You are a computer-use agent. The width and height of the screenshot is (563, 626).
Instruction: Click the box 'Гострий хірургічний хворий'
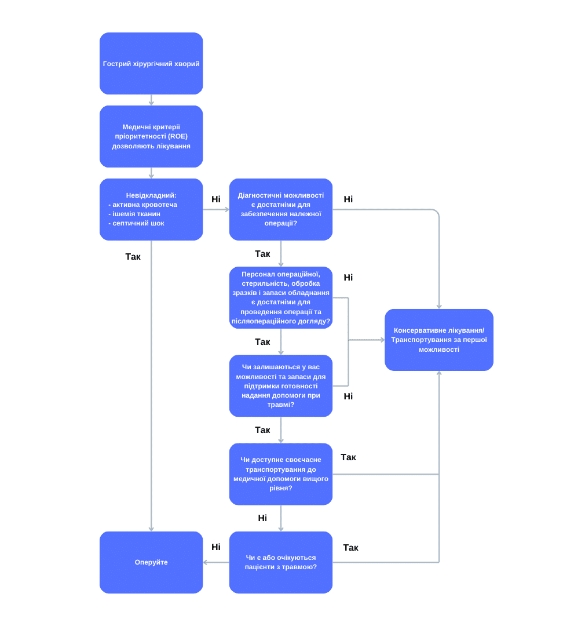[151, 64]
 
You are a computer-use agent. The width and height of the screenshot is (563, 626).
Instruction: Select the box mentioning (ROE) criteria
[151, 137]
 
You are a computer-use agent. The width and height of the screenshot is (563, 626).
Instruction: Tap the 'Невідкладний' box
[151, 210]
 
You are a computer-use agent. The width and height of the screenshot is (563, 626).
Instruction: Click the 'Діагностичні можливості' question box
[281, 210]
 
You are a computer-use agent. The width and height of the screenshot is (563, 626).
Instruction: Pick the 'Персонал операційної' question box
[281, 298]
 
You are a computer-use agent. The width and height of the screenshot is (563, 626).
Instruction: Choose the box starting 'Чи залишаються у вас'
[281, 386]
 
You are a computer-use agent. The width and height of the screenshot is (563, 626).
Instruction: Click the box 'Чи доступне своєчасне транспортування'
[281, 474]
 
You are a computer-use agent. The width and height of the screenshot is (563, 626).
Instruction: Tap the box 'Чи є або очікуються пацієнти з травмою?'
[281, 562]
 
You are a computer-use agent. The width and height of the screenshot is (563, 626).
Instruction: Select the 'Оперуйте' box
[151, 562]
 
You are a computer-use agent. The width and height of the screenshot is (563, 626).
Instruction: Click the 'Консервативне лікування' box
[439, 340]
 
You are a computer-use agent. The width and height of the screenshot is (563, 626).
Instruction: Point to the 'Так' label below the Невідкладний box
[133, 257]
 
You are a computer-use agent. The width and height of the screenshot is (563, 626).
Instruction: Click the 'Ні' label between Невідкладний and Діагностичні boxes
[216, 199]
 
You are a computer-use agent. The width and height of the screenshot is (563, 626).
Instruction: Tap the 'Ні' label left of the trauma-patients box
[216, 547]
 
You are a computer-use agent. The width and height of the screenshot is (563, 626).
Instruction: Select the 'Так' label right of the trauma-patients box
[351, 548]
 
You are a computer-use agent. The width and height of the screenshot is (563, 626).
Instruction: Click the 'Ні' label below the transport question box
[262, 518]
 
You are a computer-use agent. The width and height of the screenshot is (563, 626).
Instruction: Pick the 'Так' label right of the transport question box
[348, 457]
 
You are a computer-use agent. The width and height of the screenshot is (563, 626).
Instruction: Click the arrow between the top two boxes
[151, 100]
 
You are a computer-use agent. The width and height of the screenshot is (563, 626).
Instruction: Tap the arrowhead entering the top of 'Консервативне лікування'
[439, 307]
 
